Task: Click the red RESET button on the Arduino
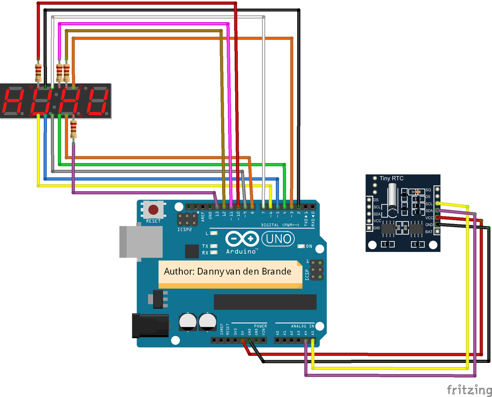(x=153, y=210)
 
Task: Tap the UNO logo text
(x=279, y=239)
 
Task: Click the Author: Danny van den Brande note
(x=228, y=271)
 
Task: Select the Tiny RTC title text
(x=391, y=178)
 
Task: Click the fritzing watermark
(x=469, y=389)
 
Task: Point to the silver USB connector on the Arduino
(x=141, y=242)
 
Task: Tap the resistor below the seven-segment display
(x=73, y=129)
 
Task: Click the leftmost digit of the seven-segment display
(x=13, y=101)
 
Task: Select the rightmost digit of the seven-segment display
(x=97, y=101)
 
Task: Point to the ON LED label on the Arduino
(x=309, y=246)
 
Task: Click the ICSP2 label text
(x=185, y=230)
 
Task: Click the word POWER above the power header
(x=260, y=326)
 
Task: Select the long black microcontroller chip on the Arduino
(x=265, y=302)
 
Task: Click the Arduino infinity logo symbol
(x=242, y=238)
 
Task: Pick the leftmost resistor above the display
(x=38, y=72)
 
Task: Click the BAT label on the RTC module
(x=428, y=232)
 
